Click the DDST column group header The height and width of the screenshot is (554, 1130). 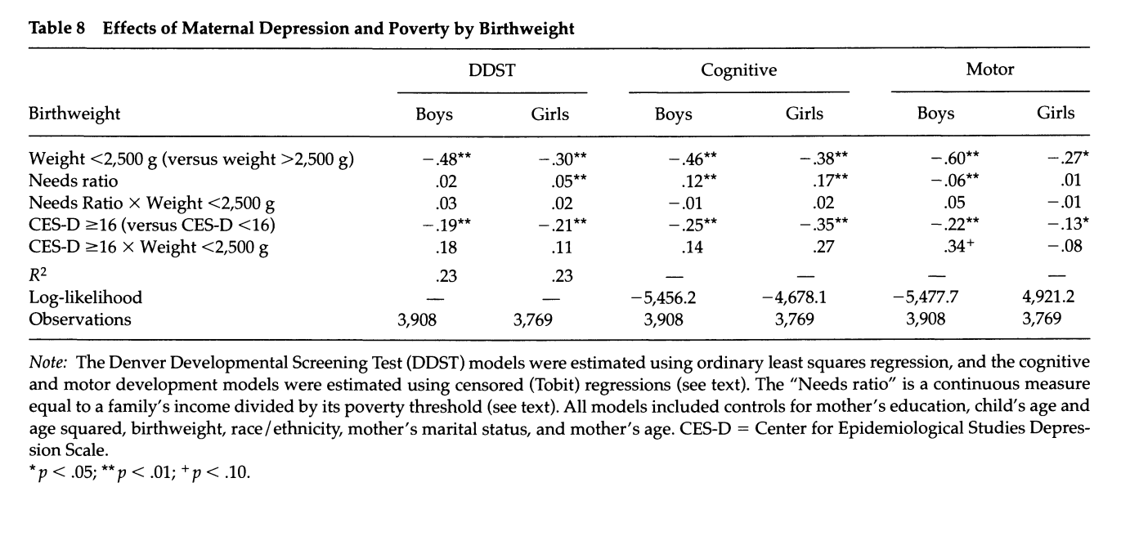pos(492,69)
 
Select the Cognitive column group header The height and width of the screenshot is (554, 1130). pos(738,70)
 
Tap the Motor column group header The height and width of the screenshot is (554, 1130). pos(989,69)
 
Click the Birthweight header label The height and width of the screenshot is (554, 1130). pos(74,114)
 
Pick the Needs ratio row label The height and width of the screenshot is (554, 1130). pos(73,181)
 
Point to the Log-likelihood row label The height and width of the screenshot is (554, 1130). pos(85,297)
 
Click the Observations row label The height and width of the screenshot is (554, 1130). pos(79,319)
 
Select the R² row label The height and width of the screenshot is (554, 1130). pos(38,275)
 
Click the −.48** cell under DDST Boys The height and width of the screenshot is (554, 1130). pos(446,159)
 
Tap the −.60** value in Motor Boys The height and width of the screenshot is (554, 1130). pos(955,159)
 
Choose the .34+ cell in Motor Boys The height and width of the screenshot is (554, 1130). pos(959,246)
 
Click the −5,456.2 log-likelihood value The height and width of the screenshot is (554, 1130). pos(663,298)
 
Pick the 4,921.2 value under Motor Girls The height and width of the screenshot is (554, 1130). pos(1048,297)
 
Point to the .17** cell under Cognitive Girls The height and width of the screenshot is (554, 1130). pos(830,180)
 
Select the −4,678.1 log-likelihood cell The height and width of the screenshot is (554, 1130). pos(794,297)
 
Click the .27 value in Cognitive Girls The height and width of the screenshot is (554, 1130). pos(823,247)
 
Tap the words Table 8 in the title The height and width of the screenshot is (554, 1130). pos(57,29)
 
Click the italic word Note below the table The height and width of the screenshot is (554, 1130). pos(47,363)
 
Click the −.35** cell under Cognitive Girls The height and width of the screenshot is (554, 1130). pos(824,225)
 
